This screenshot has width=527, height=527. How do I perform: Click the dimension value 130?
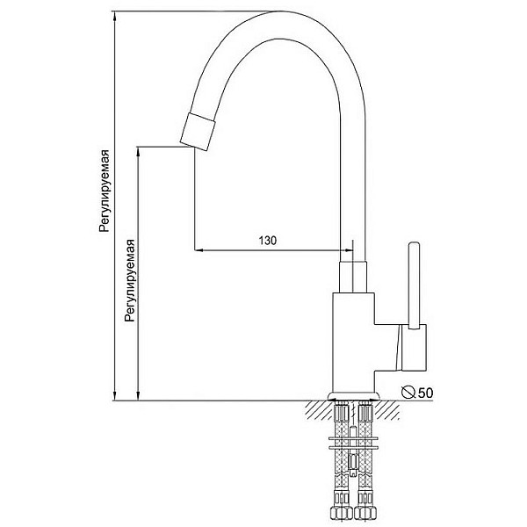coord(268,241)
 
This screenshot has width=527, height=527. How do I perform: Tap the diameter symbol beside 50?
coord(408,392)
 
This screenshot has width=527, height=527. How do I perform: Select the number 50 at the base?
coord(425,393)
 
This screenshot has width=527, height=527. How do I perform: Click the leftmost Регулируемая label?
coord(105,191)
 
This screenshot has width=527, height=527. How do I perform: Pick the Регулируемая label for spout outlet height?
coord(130,281)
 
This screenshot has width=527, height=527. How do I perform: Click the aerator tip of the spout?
coord(198,132)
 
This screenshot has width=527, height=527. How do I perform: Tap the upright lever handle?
coord(414,285)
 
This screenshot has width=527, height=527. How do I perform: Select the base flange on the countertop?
coord(354,396)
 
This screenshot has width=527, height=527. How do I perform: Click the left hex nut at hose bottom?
coord(342,514)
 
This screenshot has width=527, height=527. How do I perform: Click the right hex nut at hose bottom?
coord(365,514)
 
